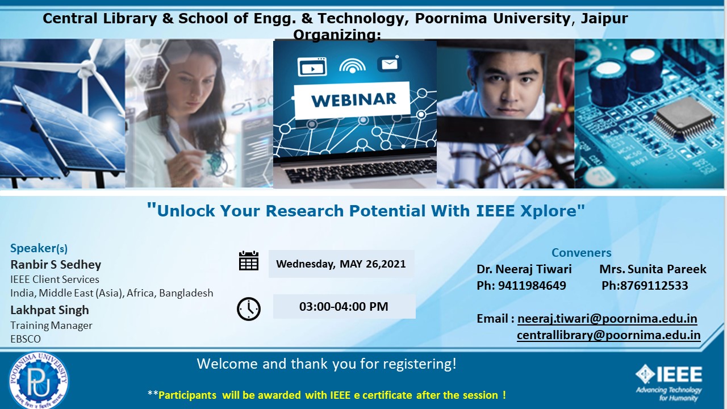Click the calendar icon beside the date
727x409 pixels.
tap(249, 261)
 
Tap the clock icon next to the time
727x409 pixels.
tap(249, 308)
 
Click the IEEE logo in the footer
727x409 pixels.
tap(669, 382)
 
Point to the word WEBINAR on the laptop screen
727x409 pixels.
tap(354, 100)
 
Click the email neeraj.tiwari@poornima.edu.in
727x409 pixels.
tap(607, 319)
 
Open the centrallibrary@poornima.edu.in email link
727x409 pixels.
tap(608, 335)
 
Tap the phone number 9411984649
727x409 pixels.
tap(532, 286)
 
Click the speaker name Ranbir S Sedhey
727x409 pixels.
tap(56, 265)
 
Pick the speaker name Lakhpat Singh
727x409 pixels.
tap(49, 310)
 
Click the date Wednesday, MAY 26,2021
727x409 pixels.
tap(341, 264)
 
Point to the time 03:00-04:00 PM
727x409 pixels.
tap(344, 306)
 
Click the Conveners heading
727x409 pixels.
tap(581, 253)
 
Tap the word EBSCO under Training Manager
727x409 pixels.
tap(26, 339)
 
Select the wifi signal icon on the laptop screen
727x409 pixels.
tap(352, 65)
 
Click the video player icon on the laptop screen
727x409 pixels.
tap(312, 67)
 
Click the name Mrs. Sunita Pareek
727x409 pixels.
tap(653, 269)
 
